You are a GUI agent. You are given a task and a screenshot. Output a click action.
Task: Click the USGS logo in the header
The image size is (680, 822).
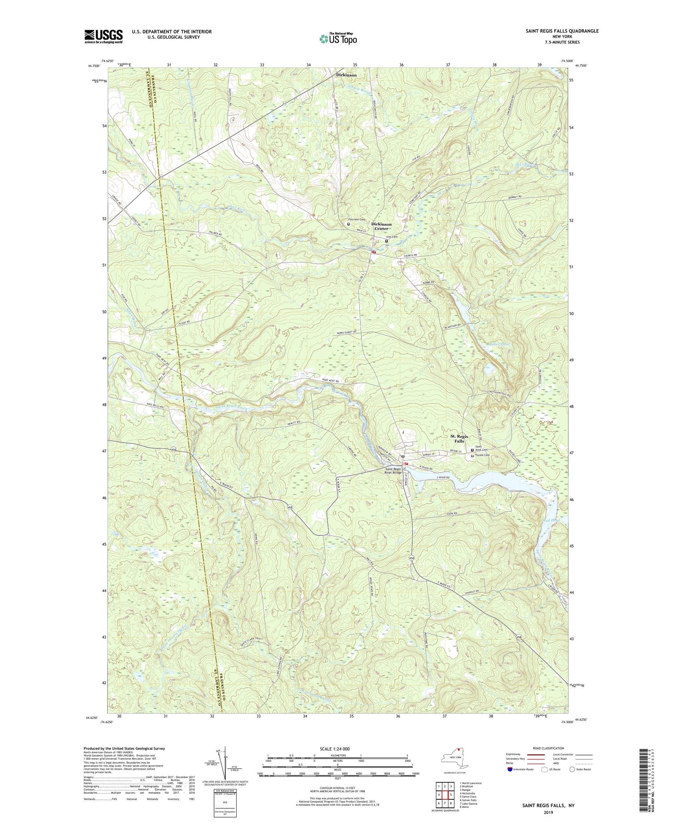click(104, 36)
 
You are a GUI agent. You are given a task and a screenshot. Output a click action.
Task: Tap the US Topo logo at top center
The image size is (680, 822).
click(337, 39)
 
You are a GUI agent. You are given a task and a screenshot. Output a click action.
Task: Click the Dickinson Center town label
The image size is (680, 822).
click(381, 226)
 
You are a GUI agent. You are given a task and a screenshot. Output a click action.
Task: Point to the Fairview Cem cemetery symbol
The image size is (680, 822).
click(349, 224)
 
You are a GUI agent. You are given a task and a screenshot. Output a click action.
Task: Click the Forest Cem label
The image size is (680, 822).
click(483, 455)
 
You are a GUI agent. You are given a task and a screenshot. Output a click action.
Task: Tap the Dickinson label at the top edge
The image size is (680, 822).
click(346, 75)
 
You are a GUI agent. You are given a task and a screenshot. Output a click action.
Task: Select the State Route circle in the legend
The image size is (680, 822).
click(572, 769)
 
